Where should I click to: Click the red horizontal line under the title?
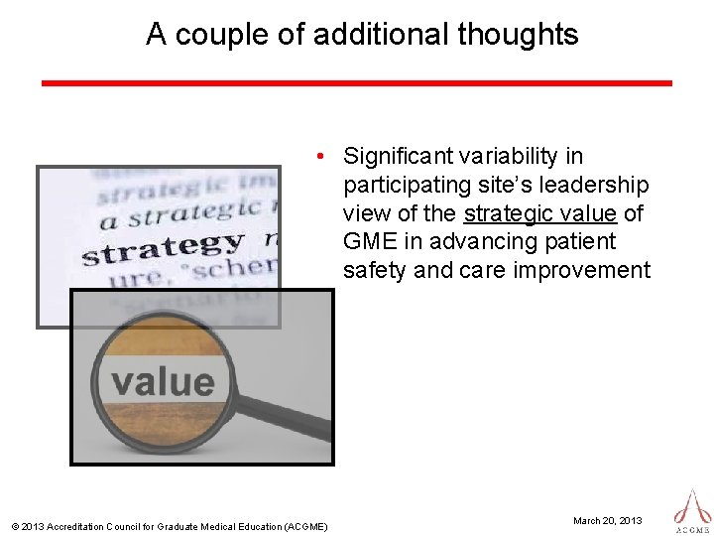[x=357, y=83]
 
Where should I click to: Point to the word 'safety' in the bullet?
[x=373, y=270]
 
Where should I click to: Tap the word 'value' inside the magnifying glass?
[x=162, y=381]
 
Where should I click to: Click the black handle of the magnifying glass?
[x=293, y=421]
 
